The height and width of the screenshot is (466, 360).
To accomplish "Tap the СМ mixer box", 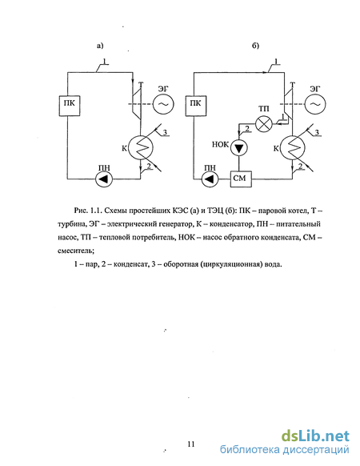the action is [x=241, y=179].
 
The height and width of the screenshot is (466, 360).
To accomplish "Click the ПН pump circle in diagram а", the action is [x=104, y=179].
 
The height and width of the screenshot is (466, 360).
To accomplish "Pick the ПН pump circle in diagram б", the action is [x=210, y=179].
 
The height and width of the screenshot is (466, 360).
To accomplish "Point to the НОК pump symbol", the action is [x=239, y=147].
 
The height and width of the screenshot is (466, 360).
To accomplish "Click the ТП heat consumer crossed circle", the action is [x=264, y=123].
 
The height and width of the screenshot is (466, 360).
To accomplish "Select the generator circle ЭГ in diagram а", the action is [x=163, y=104].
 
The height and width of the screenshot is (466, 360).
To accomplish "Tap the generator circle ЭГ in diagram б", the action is [x=315, y=104].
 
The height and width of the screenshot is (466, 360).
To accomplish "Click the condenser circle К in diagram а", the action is [x=142, y=147].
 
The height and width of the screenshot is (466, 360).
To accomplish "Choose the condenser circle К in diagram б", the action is [x=294, y=147].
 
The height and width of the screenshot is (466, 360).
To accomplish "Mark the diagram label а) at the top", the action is [x=100, y=46].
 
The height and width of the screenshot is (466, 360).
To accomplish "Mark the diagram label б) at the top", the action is [x=255, y=46].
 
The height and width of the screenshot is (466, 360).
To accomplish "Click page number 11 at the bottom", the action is [x=191, y=444].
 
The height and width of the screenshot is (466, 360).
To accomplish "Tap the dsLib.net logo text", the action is [x=315, y=436].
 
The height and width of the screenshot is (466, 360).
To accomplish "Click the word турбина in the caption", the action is [x=71, y=224].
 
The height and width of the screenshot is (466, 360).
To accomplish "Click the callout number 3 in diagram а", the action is [x=166, y=132].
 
